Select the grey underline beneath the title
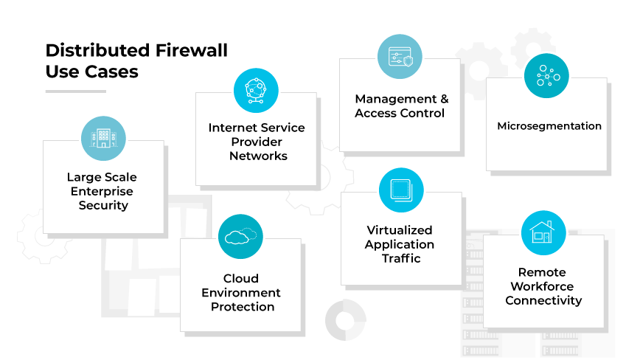(75, 91)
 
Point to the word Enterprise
(102, 191)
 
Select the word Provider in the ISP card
(257, 142)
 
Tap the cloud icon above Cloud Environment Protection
(241, 236)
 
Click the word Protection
(242, 307)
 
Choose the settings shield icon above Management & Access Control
(400, 56)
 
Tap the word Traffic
(400, 258)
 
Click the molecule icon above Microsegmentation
(546, 76)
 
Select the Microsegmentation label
(549, 126)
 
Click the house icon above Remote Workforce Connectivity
(543, 233)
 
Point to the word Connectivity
(543, 300)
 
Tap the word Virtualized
(400, 230)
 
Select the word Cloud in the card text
(241, 279)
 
